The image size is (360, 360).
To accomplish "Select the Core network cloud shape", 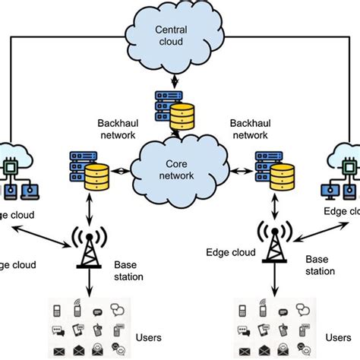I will (x=181, y=169).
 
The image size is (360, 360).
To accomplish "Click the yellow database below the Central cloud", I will (x=184, y=118).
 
